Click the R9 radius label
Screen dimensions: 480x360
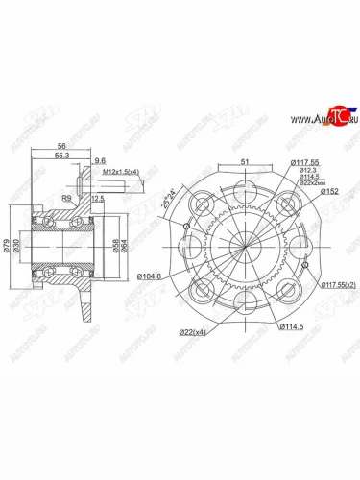65,197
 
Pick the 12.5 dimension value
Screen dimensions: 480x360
96,199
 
